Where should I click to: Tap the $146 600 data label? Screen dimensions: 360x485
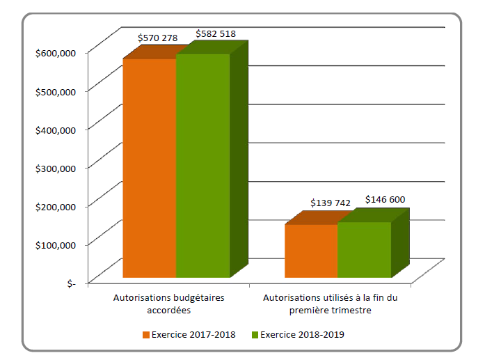[x=385, y=199]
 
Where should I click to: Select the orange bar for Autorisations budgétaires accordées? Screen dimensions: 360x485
[x=149, y=168]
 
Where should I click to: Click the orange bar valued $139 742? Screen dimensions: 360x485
[x=311, y=251]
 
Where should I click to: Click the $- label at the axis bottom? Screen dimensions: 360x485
[x=72, y=283]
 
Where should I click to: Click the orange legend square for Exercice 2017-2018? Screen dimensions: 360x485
[x=146, y=335]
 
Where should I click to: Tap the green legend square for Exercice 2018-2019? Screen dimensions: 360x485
[x=255, y=335]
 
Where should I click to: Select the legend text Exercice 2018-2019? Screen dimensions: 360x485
[x=303, y=335]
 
